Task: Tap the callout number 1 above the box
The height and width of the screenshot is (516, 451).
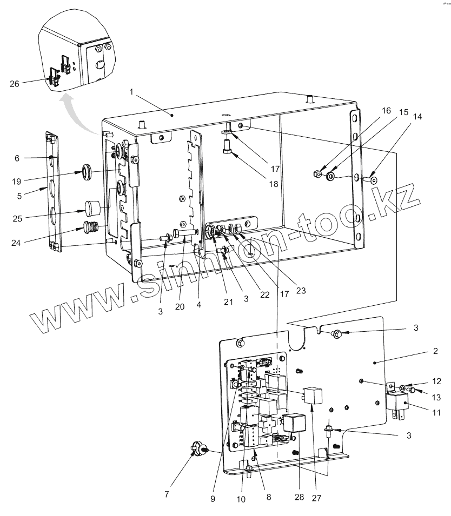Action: click(x=131, y=92)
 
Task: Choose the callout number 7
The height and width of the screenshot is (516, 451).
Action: click(x=167, y=494)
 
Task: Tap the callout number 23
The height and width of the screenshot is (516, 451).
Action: click(x=301, y=290)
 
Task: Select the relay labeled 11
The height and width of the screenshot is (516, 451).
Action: click(x=398, y=403)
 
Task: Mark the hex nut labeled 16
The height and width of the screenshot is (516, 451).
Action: click(x=318, y=174)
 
